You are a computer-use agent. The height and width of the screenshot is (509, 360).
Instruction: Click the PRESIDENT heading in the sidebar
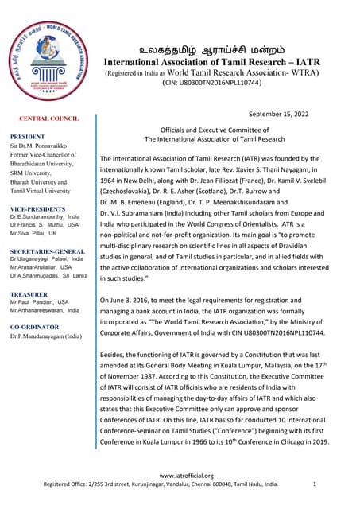[27, 137]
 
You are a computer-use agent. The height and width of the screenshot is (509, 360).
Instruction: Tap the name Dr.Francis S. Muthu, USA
[45, 225]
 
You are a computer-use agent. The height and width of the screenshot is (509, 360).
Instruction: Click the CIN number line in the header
[211, 82]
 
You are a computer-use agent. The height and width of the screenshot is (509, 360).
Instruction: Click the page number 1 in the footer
[315, 484]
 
